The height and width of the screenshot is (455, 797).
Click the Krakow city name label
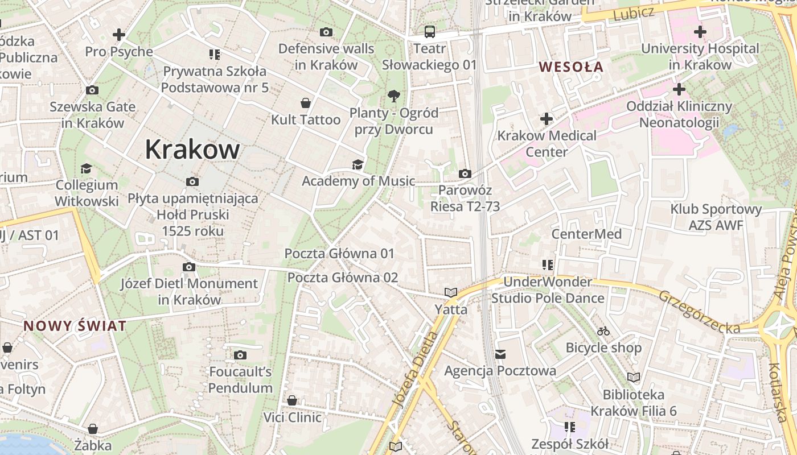(192, 150)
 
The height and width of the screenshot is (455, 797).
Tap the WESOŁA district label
(571, 67)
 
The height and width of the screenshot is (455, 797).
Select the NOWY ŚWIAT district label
(75, 326)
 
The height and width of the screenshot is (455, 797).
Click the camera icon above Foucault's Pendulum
(240, 355)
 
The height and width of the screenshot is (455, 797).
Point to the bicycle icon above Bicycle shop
(603, 331)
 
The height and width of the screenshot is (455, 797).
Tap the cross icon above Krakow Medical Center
(547, 119)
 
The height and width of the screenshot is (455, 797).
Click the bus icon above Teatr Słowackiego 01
(429, 32)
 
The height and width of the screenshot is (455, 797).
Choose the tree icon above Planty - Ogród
(393, 96)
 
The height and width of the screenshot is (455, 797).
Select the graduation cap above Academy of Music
(358, 164)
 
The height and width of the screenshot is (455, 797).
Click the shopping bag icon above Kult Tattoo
(306, 103)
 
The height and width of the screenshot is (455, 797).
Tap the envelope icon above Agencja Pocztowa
(500, 354)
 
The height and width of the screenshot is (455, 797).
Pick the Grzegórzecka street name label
(700, 312)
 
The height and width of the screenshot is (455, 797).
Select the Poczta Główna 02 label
(343, 278)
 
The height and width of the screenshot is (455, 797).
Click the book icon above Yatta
(451, 293)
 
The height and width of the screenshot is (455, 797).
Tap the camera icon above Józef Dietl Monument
(189, 267)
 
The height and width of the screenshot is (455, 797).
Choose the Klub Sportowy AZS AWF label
(716, 217)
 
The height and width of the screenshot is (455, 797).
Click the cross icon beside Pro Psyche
(119, 35)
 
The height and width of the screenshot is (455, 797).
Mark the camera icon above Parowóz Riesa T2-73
(465, 173)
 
